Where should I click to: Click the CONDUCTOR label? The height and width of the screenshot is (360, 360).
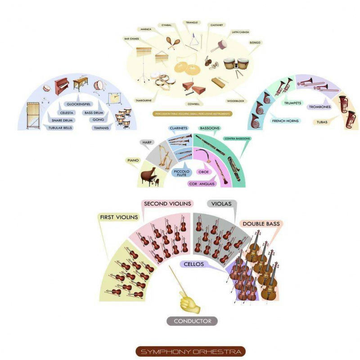pos(192,321)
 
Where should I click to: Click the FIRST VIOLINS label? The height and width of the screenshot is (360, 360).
pos(118,218)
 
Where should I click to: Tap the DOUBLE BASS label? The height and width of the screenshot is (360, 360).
pos(261,224)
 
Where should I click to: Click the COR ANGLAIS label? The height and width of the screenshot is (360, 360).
pos(202,184)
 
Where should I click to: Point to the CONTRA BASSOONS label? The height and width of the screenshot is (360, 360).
pos(237,139)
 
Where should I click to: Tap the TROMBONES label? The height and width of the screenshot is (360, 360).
pos(319,107)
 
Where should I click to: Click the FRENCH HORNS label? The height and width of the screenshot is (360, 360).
pos(285,121)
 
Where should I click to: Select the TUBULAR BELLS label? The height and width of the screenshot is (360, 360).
pos(60,127)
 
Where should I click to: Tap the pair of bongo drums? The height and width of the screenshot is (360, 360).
pos(237,66)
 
